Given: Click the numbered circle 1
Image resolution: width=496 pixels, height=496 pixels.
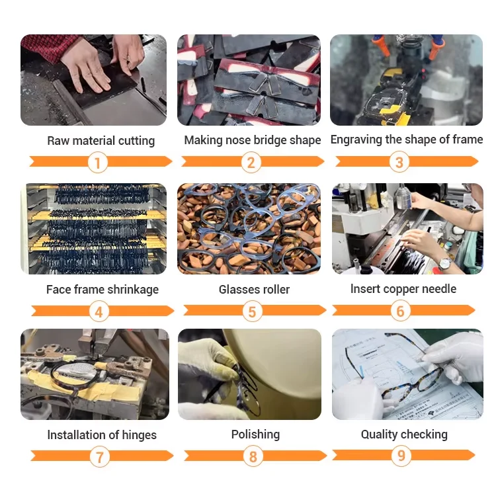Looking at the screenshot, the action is pyautogui.click(x=98, y=163).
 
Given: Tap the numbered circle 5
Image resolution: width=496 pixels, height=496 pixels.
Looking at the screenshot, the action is pyautogui.click(x=252, y=311).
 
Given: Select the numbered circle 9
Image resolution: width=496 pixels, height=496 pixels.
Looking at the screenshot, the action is pyautogui.click(x=401, y=456).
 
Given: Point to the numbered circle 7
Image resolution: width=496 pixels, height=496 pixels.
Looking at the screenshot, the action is pyautogui.click(x=100, y=457).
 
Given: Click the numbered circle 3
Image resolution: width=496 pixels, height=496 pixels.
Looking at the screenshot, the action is pyautogui.click(x=399, y=162).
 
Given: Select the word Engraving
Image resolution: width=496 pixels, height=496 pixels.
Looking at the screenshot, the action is pyautogui.click(x=356, y=140).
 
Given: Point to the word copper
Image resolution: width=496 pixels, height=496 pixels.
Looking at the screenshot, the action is pyautogui.click(x=401, y=290).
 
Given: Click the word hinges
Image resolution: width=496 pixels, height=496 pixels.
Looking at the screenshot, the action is pyautogui.click(x=139, y=435).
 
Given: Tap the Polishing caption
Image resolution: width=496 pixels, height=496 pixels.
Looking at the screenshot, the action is pyautogui.click(x=255, y=435).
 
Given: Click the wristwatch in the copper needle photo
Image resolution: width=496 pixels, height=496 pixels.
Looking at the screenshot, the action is pyautogui.click(x=445, y=263).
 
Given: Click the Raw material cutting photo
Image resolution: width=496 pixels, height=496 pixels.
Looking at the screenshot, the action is pyautogui.click(x=94, y=80).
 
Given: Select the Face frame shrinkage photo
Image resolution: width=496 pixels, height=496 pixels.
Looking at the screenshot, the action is pyautogui.click(x=94, y=229).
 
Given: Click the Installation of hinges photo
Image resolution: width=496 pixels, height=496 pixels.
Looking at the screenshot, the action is pyautogui.click(x=95, y=374).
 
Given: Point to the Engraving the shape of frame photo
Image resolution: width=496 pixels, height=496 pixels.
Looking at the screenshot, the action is pyautogui.click(x=407, y=80).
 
